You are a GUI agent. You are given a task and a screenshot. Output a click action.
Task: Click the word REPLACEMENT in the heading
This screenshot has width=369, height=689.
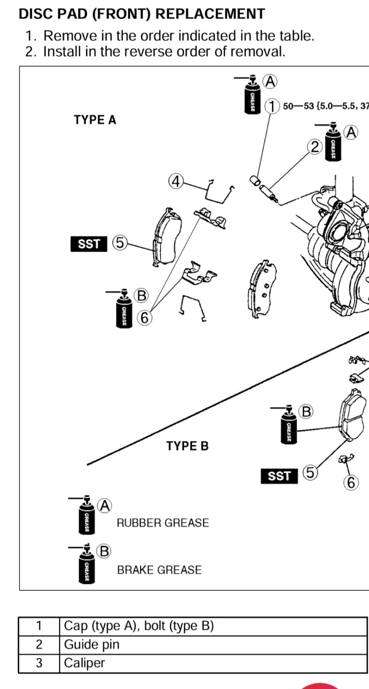210,14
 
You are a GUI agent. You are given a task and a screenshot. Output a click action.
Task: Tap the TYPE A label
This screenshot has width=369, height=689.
95,120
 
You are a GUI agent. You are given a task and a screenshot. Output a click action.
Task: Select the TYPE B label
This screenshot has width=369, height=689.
187,446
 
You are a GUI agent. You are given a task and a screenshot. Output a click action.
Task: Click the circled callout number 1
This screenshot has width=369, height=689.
273,106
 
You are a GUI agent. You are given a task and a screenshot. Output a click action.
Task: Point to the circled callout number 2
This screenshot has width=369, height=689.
314,147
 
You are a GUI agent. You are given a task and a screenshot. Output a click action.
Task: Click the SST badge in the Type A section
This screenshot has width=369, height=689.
89,244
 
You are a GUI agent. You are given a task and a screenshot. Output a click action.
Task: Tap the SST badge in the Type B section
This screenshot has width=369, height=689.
279,476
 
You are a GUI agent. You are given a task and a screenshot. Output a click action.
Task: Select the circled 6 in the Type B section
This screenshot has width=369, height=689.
351,482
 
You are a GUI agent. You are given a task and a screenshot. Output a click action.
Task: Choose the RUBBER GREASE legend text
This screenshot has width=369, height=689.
162,523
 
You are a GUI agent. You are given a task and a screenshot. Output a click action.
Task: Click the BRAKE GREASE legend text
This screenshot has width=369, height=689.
159,570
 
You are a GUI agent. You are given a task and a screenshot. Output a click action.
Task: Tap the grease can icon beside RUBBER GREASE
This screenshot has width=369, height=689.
87,518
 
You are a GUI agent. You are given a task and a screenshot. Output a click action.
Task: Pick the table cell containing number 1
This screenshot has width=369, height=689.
39,626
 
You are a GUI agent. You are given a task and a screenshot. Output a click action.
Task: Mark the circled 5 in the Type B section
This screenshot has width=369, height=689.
311,472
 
